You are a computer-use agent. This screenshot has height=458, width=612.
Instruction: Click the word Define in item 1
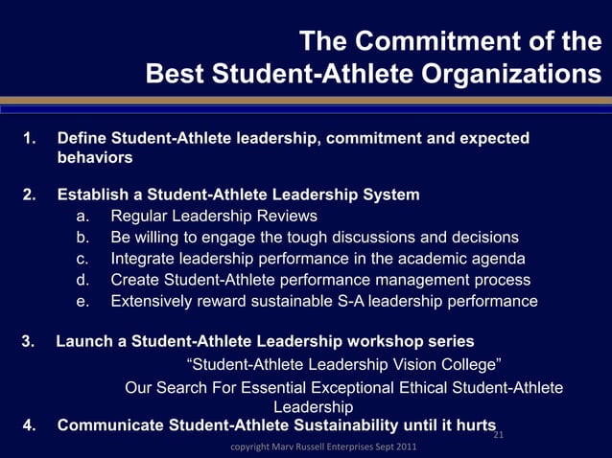[81, 139]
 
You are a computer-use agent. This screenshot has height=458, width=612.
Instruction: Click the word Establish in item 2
[92, 195]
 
